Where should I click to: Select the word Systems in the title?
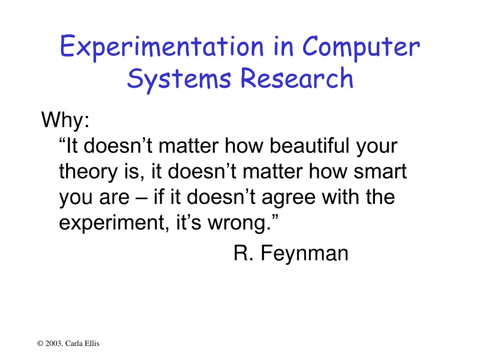pyautogui.click(x=179, y=80)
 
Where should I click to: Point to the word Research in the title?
pyautogui.click(x=297, y=78)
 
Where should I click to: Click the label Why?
pyautogui.click(x=66, y=120)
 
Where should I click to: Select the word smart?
pyautogui.click(x=380, y=171)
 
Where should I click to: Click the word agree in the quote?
pyautogui.click(x=288, y=198)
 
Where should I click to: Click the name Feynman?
pyautogui.click(x=305, y=254)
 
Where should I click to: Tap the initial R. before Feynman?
pyautogui.click(x=243, y=253)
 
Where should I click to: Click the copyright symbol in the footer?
pyautogui.click(x=40, y=344)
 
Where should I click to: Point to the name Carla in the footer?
pyautogui.click(x=74, y=344)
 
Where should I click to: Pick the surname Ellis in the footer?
pyautogui.click(x=92, y=344)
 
